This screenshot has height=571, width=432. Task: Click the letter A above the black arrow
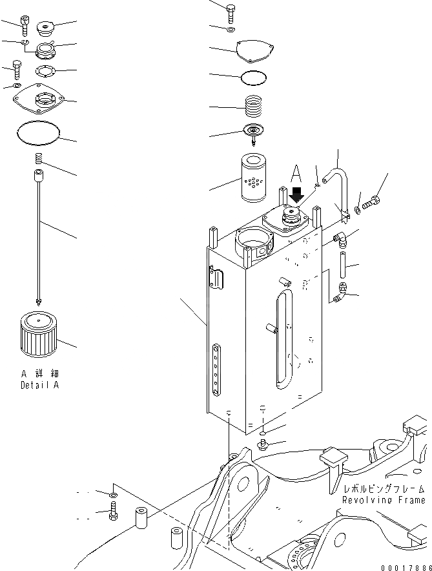(x=295, y=173)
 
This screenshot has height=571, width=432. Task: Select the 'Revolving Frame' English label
(x=384, y=500)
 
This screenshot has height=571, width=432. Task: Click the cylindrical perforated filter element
(x=257, y=176)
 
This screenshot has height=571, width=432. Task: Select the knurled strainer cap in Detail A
(x=38, y=333)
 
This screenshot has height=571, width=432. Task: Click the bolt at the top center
(x=232, y=10)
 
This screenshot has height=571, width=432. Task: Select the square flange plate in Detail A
(x=40, y=99)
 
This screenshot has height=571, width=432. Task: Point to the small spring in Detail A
(x=38, y=159)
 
